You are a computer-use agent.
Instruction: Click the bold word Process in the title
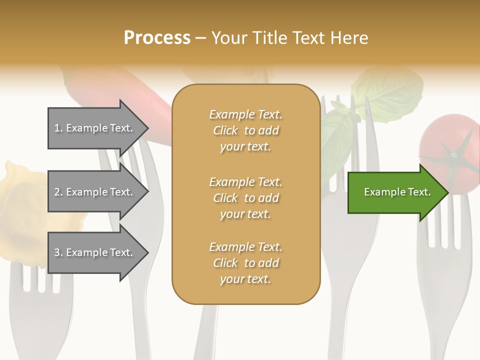(157, 38)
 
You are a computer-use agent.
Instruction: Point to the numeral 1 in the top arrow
(57, 128)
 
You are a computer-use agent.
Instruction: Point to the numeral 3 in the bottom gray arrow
(57, 252)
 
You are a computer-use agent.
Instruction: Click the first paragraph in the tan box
(245, 130)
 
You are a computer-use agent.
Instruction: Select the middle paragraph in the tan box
(245, 197)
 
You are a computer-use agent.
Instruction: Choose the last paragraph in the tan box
(245, 263)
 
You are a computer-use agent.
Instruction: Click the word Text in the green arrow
(417, 192)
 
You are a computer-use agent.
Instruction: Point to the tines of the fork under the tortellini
(35, 277)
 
